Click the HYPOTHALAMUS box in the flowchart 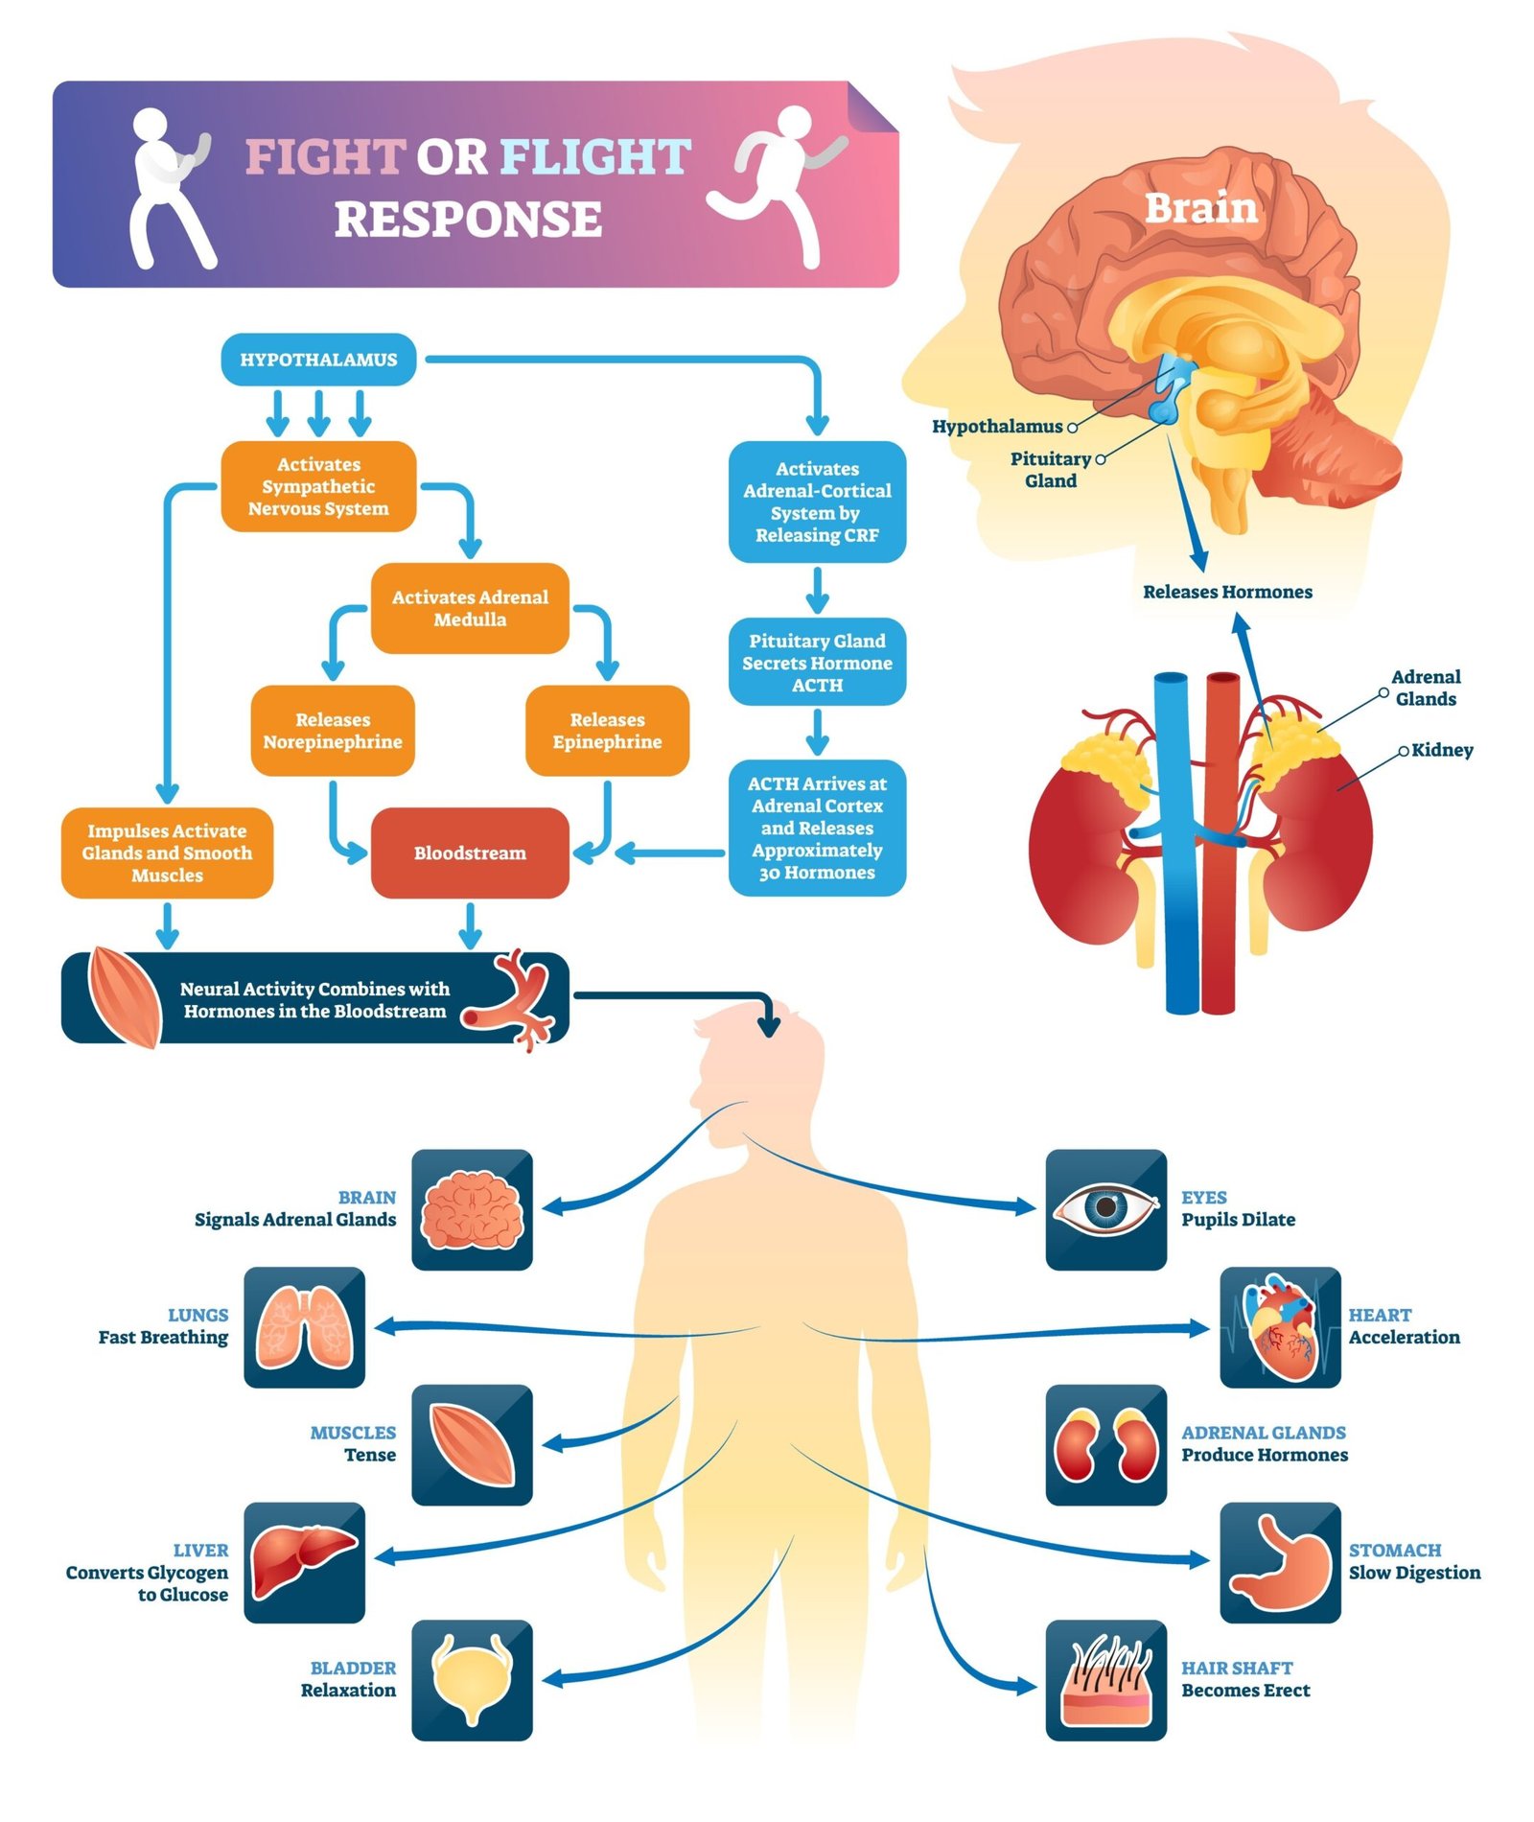click(x=318, y=360)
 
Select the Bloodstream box click(x=470, y=853)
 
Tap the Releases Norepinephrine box click(x=333, y=731)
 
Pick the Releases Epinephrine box click(x=607, y=731)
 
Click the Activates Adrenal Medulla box click(x=470, y=608)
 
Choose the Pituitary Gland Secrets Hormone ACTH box click(x=817, y=663)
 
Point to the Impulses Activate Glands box click(x=167, y=853)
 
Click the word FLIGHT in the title click(x=594, y=157)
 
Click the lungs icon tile click(x=304, y=1327)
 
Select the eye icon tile click(x=1105, y=1209)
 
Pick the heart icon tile click(x=1280, y=1327)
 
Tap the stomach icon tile click(x=1280, y=1562)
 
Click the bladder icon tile click(x=472, y=1680)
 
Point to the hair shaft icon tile click(x=1105, y=1680)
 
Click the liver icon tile click(x=304, y=1562)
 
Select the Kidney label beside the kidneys click(x=1441, y=750)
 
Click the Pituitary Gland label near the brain click(x=1051, y=470)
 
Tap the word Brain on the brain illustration click(x=1200, y=208)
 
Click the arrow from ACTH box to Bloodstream click(x=671, y=853)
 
